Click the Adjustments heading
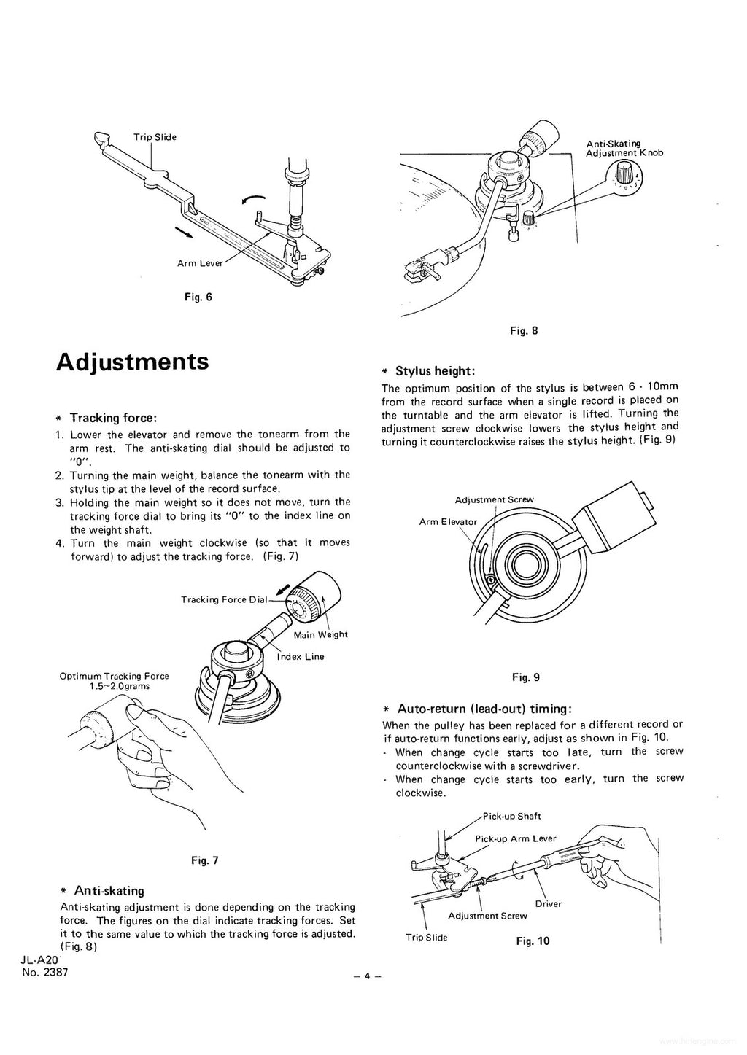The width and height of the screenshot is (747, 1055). (x=132, y=362)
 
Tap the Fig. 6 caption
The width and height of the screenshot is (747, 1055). (x=198, y=297)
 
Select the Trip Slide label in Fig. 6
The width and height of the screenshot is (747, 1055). (x=155, y=137)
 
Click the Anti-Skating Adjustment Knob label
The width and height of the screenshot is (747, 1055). (x=624, y=148)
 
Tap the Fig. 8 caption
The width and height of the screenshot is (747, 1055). (x=524, y=330)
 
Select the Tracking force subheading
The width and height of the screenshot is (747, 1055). (x=113, y=418)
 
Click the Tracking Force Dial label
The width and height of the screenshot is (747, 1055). (x=224, y=599)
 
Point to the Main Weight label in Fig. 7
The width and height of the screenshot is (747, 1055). (x=320, y=634)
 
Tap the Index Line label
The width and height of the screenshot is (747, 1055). (x=301, y=656)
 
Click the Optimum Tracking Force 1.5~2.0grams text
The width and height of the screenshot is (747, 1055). (x=115, y=681)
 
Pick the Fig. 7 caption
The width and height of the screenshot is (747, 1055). (x=204, y=860)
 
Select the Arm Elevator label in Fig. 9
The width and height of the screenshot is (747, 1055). (x=448, y=521)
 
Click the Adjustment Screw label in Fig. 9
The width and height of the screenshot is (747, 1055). (x=494, y=499)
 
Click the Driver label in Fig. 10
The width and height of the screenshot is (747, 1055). (x=548, y=903)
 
